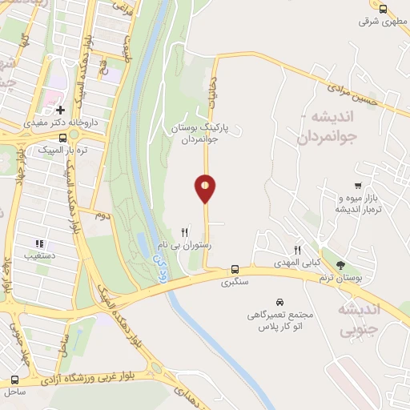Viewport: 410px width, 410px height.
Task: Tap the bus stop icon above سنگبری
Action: (235, 269)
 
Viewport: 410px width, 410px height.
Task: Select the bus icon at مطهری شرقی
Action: (383, 9)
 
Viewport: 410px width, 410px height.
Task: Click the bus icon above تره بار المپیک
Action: (63, 137)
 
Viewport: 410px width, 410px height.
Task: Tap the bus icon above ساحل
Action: (14, 380)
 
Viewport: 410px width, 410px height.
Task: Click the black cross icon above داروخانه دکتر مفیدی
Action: (60, 109)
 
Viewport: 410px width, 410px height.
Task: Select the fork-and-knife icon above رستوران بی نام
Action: (185, 233)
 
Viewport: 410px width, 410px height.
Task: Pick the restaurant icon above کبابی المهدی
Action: (297, 250)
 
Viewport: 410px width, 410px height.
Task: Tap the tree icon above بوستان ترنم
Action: (341, 264)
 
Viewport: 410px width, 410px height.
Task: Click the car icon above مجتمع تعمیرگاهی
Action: (278, 302)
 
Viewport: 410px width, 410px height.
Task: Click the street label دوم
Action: (102, 215)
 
